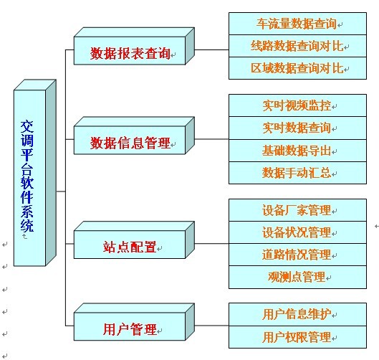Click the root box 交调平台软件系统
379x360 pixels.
[35, 173]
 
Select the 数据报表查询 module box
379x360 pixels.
[134, 46]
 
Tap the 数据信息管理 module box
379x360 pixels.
[134, 136]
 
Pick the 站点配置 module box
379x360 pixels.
[134, 240]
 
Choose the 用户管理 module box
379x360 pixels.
[134, 322]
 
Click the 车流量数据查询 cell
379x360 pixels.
[297, 24]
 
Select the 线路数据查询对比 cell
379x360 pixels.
[297, 46]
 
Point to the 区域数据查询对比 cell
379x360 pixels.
[297, 68]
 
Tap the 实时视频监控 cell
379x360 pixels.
[297, 105]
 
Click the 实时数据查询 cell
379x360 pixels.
[297, 128]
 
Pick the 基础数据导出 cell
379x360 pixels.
[297, 151]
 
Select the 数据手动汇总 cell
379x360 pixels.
[297, 173]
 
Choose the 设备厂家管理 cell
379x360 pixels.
[297, 210]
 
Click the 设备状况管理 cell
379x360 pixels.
[297, 232]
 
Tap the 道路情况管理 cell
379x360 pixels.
[297, 255]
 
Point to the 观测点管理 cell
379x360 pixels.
[297, 277]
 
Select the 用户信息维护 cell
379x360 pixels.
[297, 314]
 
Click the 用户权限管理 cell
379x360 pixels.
[297, 337]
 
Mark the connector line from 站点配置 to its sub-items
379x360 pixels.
[212, 243]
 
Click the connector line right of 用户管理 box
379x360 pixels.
[212, 326]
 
